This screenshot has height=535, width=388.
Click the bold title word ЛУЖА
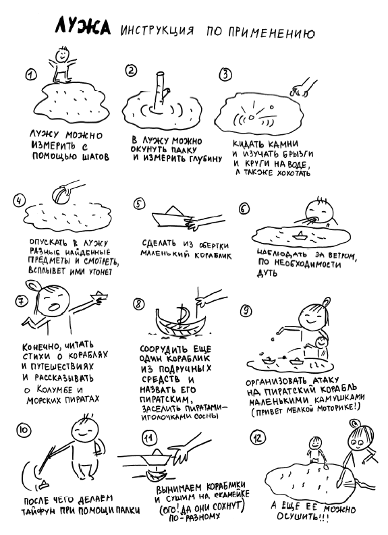click(x=82, y=26)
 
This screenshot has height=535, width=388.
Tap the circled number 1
click(x=31, y=75)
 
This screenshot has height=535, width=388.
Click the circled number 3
click(x=225, y=74)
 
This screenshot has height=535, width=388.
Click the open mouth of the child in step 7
click(x=54, y=306)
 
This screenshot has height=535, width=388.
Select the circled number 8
click(x=139, y=304)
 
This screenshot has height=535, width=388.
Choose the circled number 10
click(x=24, y=430)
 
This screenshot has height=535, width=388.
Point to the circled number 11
click(x=149, y=437)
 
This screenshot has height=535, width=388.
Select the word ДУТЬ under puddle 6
click(x=267, y=273)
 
